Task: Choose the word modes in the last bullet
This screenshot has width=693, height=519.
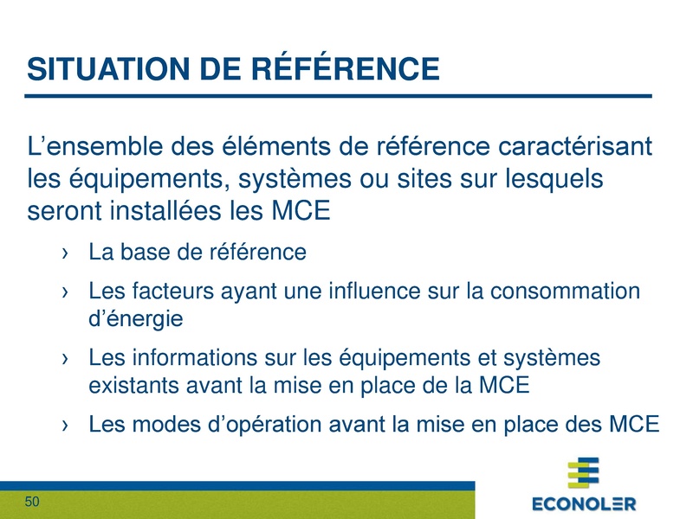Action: pyautogui.click(x=170, y=425)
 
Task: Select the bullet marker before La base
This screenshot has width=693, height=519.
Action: pyautogui.click(x=66, y=253)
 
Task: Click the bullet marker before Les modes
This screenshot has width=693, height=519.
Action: pyautogui.click(x=66, y=426)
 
